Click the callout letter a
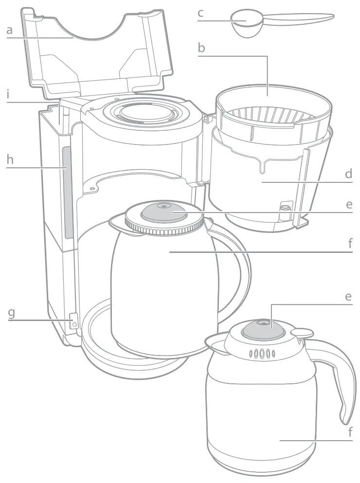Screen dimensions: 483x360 coord(10,30)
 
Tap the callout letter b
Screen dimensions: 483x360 coord(201,48)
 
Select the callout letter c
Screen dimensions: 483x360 coord(200,13)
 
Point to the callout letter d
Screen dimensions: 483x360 coord(349,174)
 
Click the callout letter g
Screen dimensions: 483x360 coord(11,313)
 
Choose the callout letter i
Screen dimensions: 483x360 coord(8,94)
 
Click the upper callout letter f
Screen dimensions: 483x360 coord(350,243)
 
